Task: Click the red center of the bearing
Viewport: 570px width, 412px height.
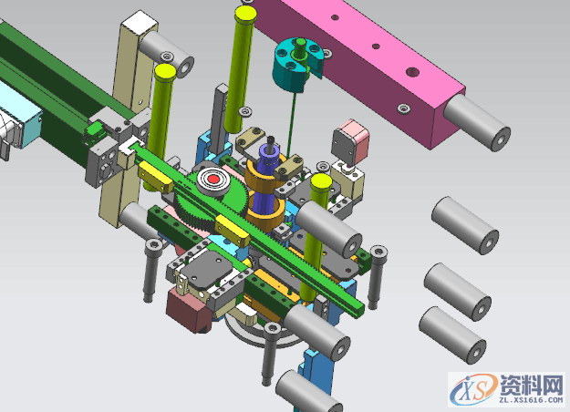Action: point(213,180)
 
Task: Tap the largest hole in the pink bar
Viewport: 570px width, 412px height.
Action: point(412,72)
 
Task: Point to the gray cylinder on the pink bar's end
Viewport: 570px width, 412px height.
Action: point(477,122)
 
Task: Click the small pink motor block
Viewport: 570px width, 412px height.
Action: point(350,142)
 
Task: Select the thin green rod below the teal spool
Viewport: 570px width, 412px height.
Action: point(291,124)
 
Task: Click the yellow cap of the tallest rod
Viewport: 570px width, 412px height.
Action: point(245,15)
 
